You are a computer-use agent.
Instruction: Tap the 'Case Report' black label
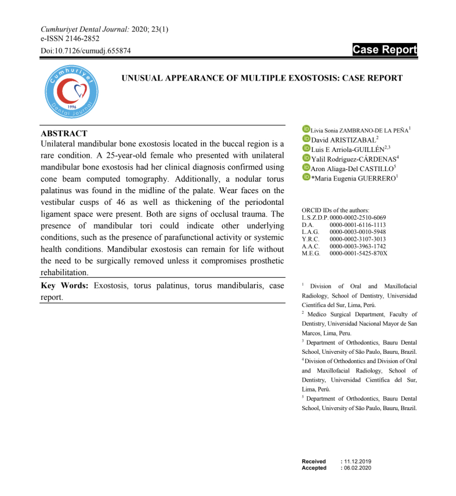385,50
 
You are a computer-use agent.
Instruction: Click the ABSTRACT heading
64,133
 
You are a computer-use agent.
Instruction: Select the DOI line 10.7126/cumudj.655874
85,51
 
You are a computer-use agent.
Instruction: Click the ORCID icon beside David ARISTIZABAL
306,139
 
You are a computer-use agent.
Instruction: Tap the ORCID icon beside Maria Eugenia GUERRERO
306,176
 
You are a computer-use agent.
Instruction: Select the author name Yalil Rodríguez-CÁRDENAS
353,158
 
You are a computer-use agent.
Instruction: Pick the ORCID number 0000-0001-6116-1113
357,225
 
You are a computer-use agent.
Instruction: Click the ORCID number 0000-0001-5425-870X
358,254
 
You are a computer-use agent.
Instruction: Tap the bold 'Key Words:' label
64,285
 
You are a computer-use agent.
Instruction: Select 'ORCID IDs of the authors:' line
335,210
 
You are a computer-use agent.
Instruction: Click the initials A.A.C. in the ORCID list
311,246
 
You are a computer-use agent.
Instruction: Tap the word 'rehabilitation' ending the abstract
64,272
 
